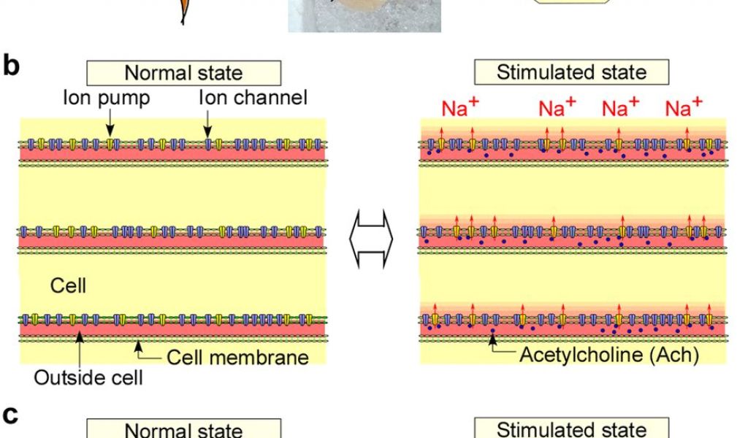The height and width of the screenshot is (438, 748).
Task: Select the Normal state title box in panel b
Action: tap(183, 72)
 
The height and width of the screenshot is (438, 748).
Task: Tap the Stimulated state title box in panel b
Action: tap(571, 72)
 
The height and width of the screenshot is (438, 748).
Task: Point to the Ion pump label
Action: tap(107, 97)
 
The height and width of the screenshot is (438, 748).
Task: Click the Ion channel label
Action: tap(253, 97)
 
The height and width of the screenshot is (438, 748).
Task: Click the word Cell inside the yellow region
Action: tap(68, 285)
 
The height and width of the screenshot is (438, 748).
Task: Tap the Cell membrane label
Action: tap(237, 357)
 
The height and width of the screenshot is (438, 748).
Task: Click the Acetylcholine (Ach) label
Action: tap(609, 355)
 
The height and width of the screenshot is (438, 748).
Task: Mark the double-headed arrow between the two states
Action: tap(373, 239)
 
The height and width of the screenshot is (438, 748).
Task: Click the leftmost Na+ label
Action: tap(460, 107)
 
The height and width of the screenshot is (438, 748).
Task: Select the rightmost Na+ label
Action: tap(684, 107)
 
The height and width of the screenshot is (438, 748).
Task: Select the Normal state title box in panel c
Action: tap(183, 429)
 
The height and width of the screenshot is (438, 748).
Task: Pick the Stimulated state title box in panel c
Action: tap(571, 429)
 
